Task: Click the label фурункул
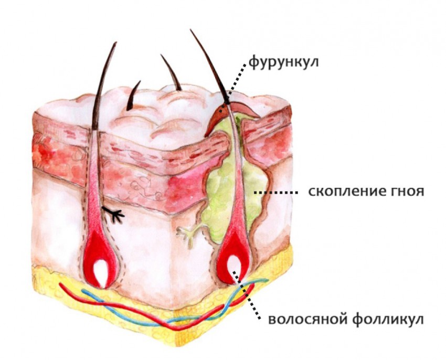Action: (283, 62)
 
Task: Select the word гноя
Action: (403, 192)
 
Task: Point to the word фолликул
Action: (388, 319)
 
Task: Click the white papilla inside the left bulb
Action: (101, 273)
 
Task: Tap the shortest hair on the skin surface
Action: (133, 96)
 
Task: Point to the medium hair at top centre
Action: (172, 72)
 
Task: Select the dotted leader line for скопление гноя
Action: (276, 193)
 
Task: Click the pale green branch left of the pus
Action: (190, 232)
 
